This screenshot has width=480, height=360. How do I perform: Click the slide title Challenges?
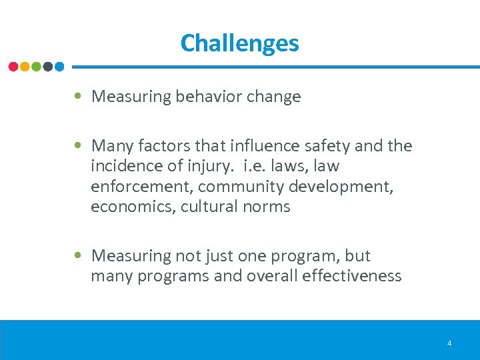(x=239, y=43)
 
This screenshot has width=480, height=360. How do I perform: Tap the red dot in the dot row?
(x=13, y=67)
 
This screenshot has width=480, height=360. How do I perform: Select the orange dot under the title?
(x=25, y=67)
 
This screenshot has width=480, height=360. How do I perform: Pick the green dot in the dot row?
(x=36, y=67)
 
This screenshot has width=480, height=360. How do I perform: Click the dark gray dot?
(x=47, y=67)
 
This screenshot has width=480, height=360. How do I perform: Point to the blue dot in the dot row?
(x=59, y=67)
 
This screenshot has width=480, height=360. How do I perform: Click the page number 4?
(x=449, y=343)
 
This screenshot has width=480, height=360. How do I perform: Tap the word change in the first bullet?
(x=273, y=97)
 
